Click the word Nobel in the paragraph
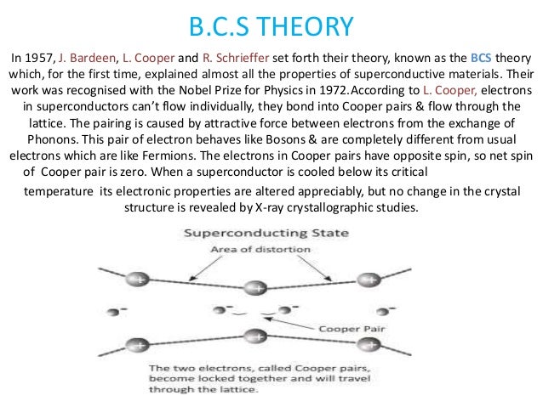(222, 91)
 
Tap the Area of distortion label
(272, 247)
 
